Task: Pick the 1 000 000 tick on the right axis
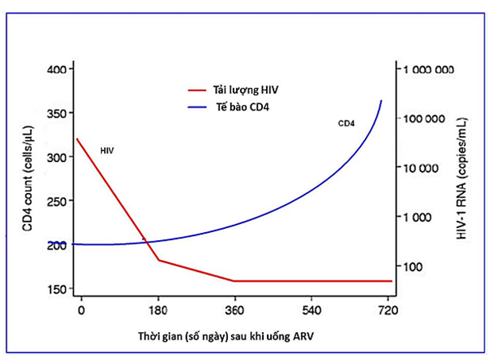point(429,70)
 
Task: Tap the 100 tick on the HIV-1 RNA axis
point(414,265)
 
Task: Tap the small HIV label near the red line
point(107,149)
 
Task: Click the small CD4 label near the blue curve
point(346,123)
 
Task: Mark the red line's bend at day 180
point(159,260)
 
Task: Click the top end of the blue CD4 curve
point(381,101)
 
